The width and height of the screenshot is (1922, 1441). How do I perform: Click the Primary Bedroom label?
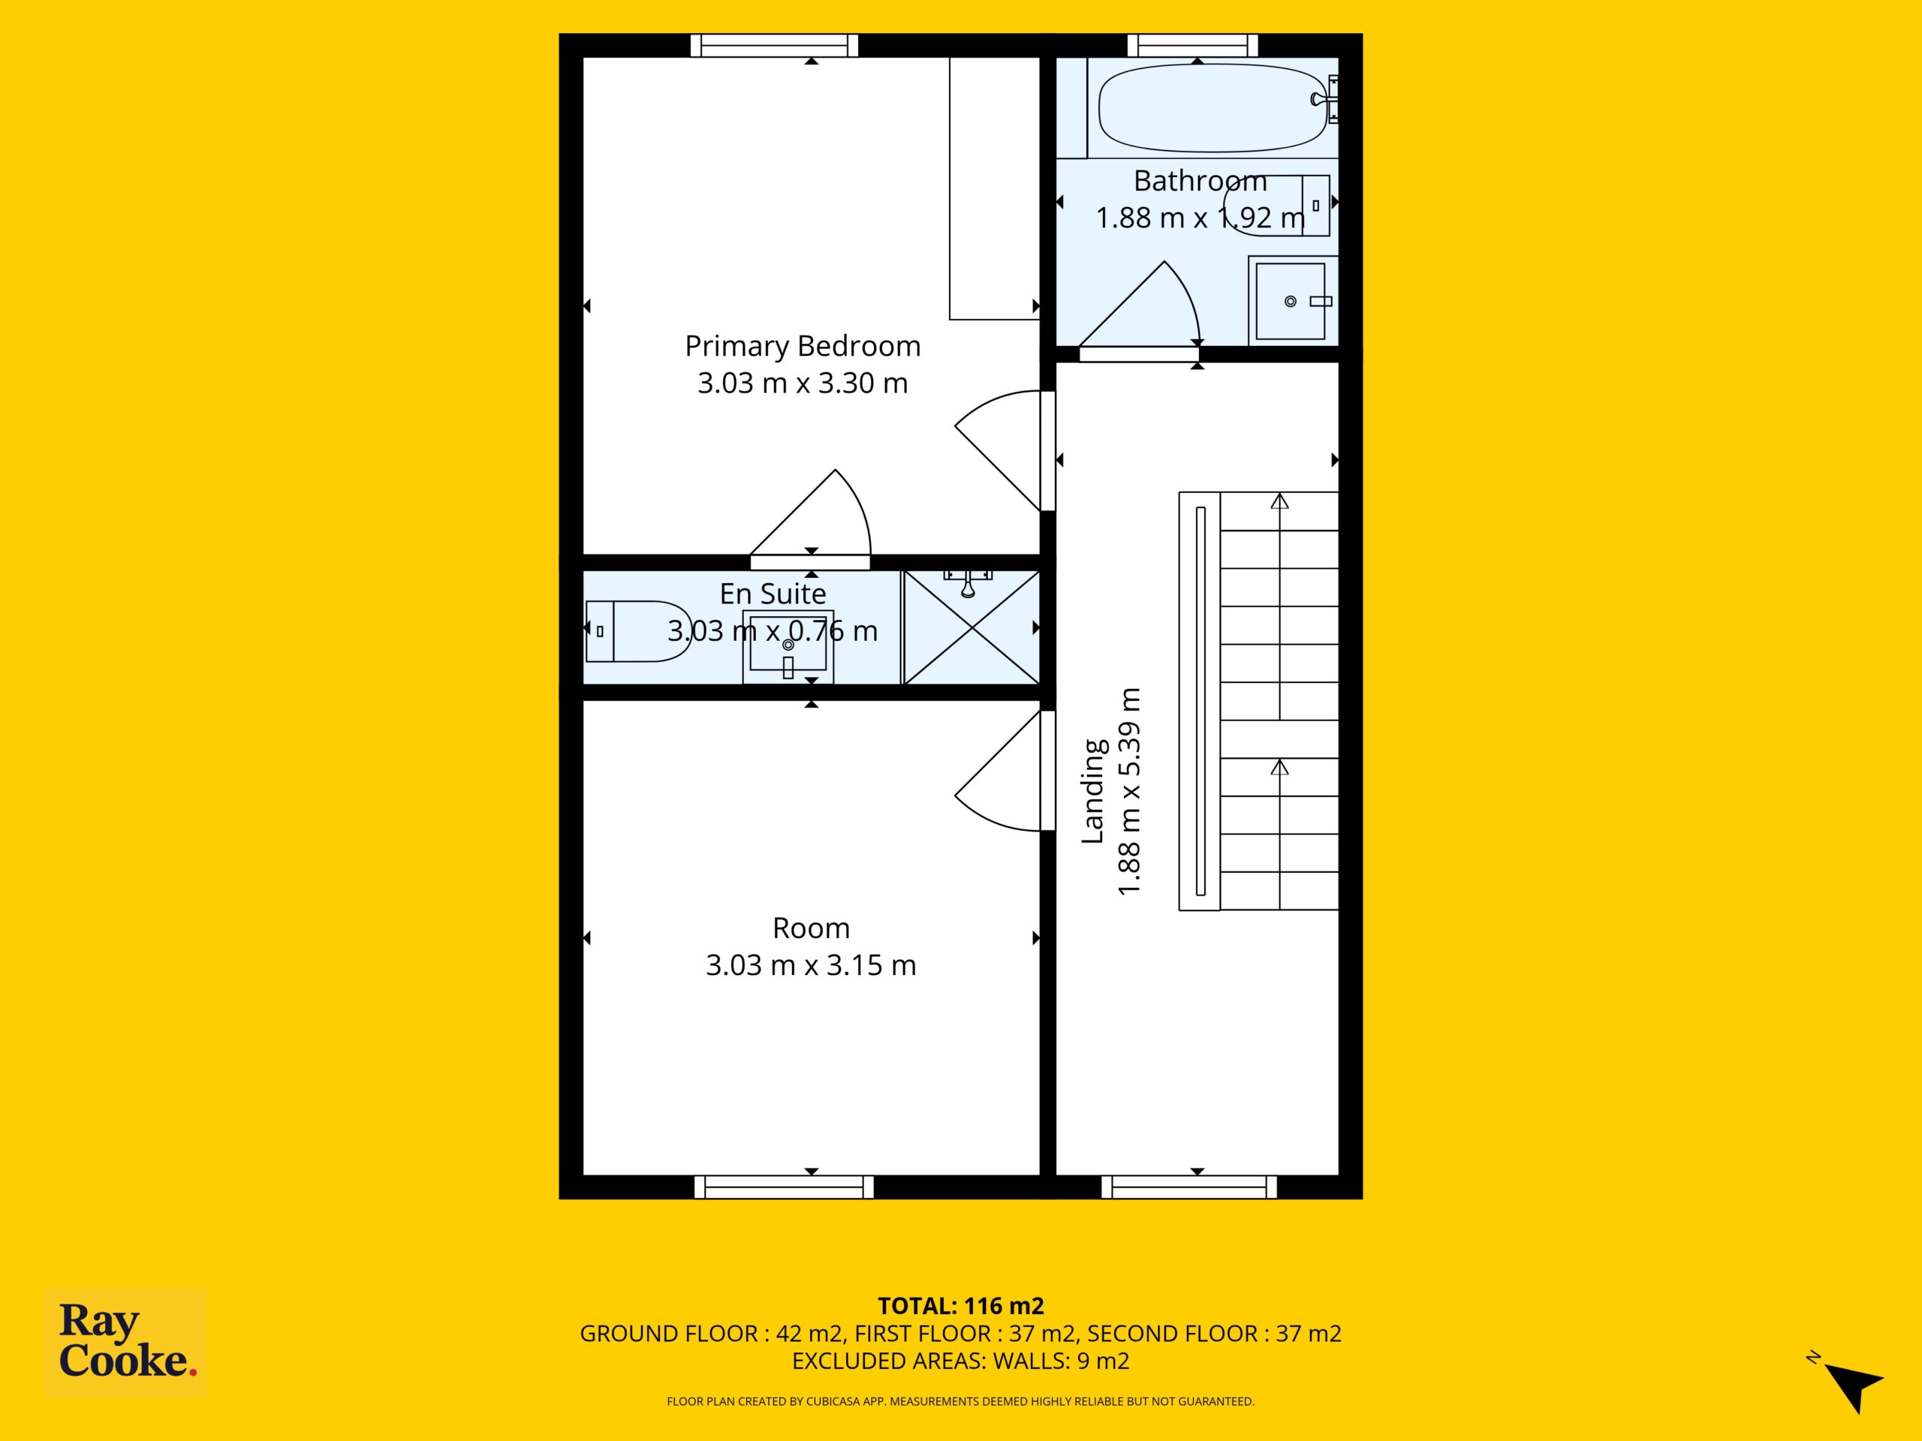(x=802, y=346)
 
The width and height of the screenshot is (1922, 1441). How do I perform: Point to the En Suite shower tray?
(x=972, y=627)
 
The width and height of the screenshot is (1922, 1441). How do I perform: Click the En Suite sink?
(x=788, y=646)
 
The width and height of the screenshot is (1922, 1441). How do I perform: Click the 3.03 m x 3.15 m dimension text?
(x=811, y=965)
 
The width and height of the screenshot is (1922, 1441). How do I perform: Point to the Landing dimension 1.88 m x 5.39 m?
(x=1128, y=791)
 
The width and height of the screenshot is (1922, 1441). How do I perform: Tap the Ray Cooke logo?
(x=125, y=1342)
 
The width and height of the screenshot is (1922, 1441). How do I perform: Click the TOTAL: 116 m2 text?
(x=960, y=1305)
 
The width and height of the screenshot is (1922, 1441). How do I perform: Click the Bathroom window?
(x=1192, y=45)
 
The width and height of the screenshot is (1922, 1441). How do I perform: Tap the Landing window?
(x=1188, y=1187)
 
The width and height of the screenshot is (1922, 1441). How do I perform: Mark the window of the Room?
(x=784, y=1187)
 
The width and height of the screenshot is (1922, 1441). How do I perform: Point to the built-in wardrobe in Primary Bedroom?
(x=995, y=188)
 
